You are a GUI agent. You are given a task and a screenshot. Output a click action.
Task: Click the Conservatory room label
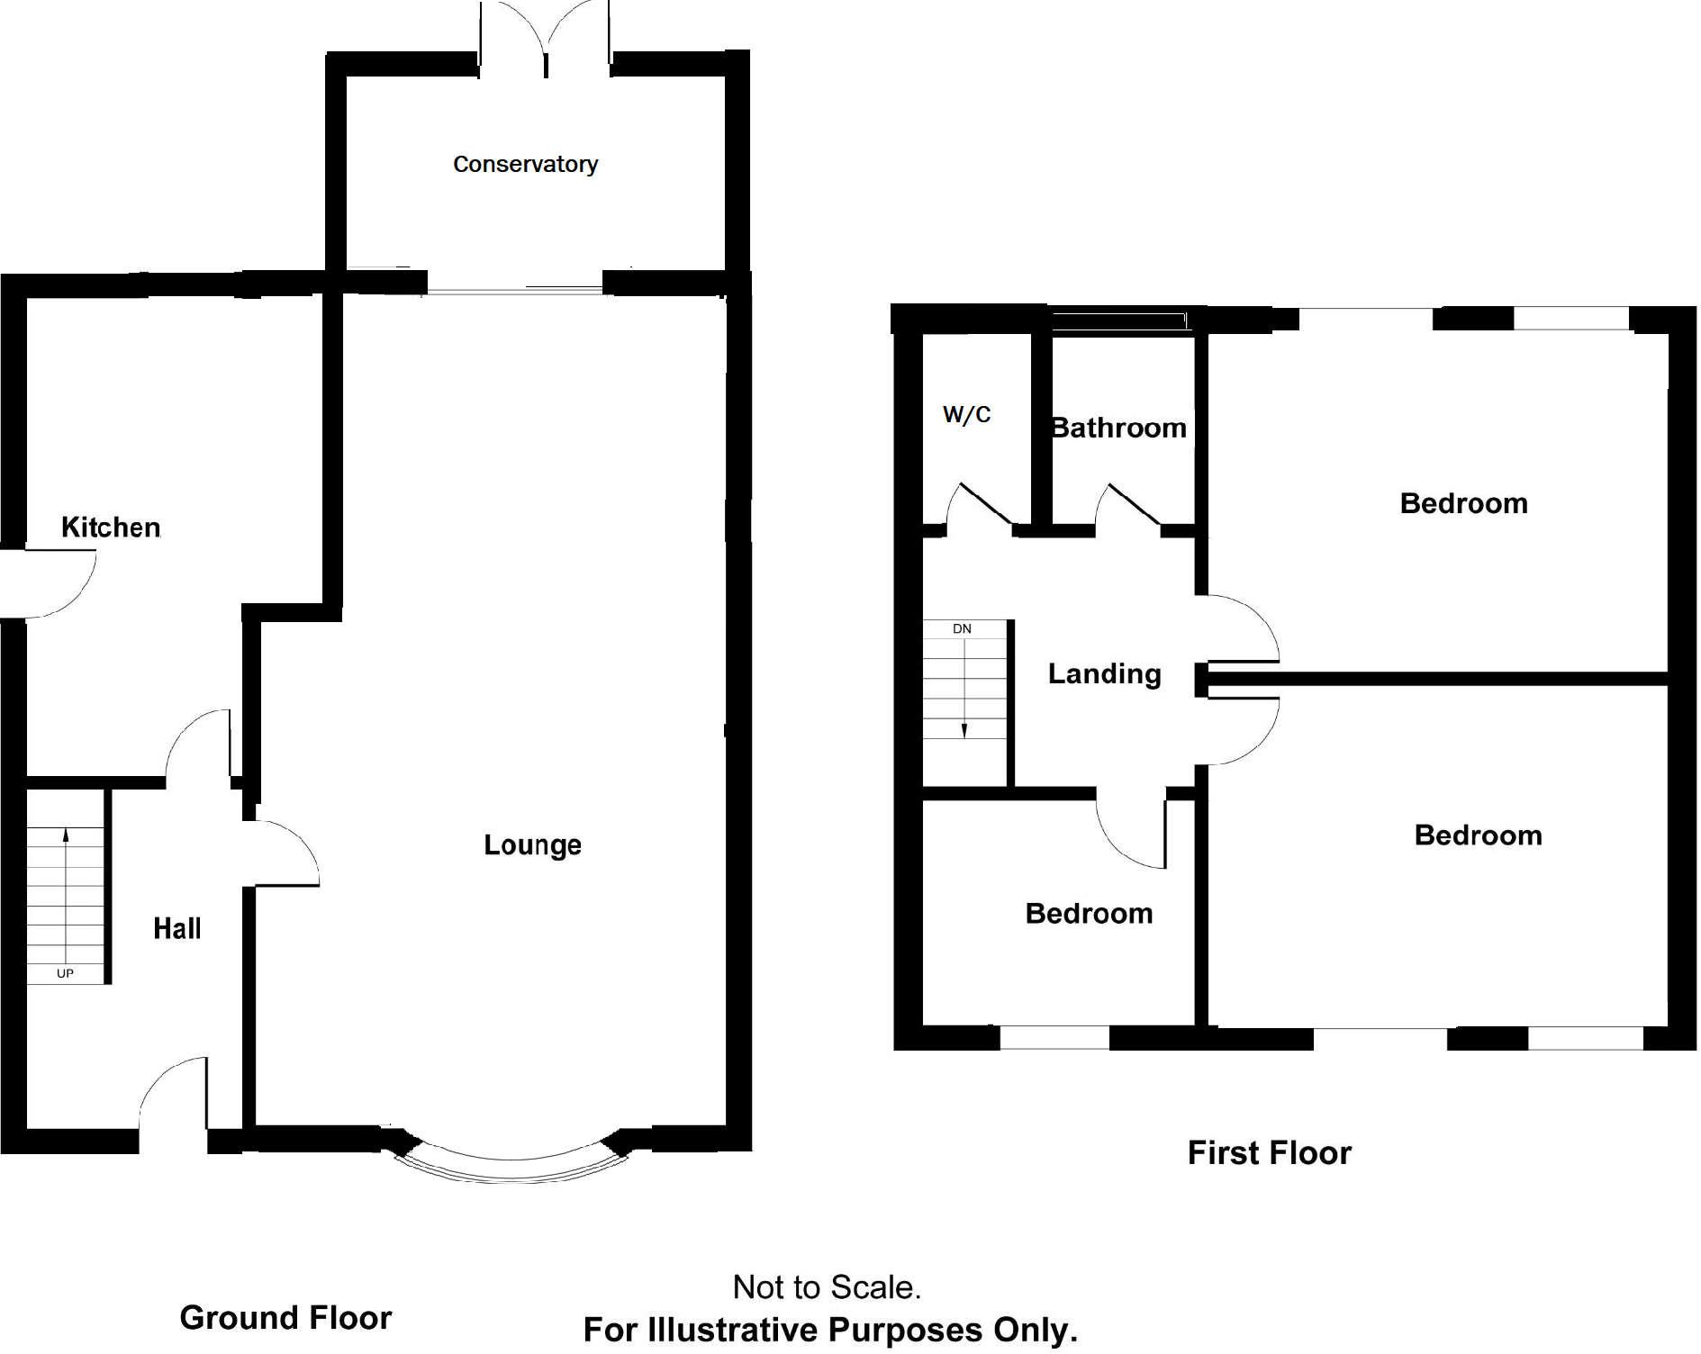525,165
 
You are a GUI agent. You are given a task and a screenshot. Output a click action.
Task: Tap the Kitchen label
111,528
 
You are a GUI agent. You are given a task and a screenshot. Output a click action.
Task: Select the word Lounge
532,845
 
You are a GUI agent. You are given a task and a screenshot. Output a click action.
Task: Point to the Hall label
176,929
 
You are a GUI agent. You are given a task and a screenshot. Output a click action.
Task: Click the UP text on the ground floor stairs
65,973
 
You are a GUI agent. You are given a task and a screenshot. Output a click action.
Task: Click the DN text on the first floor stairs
962,629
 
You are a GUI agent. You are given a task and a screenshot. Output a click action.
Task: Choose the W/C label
966,415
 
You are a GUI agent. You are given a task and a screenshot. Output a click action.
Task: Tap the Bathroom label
1119,428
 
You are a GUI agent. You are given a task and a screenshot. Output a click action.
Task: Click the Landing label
1104,674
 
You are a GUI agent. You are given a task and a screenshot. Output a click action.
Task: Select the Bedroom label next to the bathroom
1463,503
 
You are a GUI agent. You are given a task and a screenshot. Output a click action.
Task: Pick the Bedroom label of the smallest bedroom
1089,914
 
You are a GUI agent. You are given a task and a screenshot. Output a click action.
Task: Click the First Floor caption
1269,1153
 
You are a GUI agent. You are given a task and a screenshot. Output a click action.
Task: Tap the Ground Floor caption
285,1318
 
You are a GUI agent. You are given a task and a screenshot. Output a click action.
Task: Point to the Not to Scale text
827,1287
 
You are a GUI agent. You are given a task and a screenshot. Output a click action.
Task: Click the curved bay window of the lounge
511,1167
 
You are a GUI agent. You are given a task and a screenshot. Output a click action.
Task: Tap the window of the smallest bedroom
1054,1037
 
